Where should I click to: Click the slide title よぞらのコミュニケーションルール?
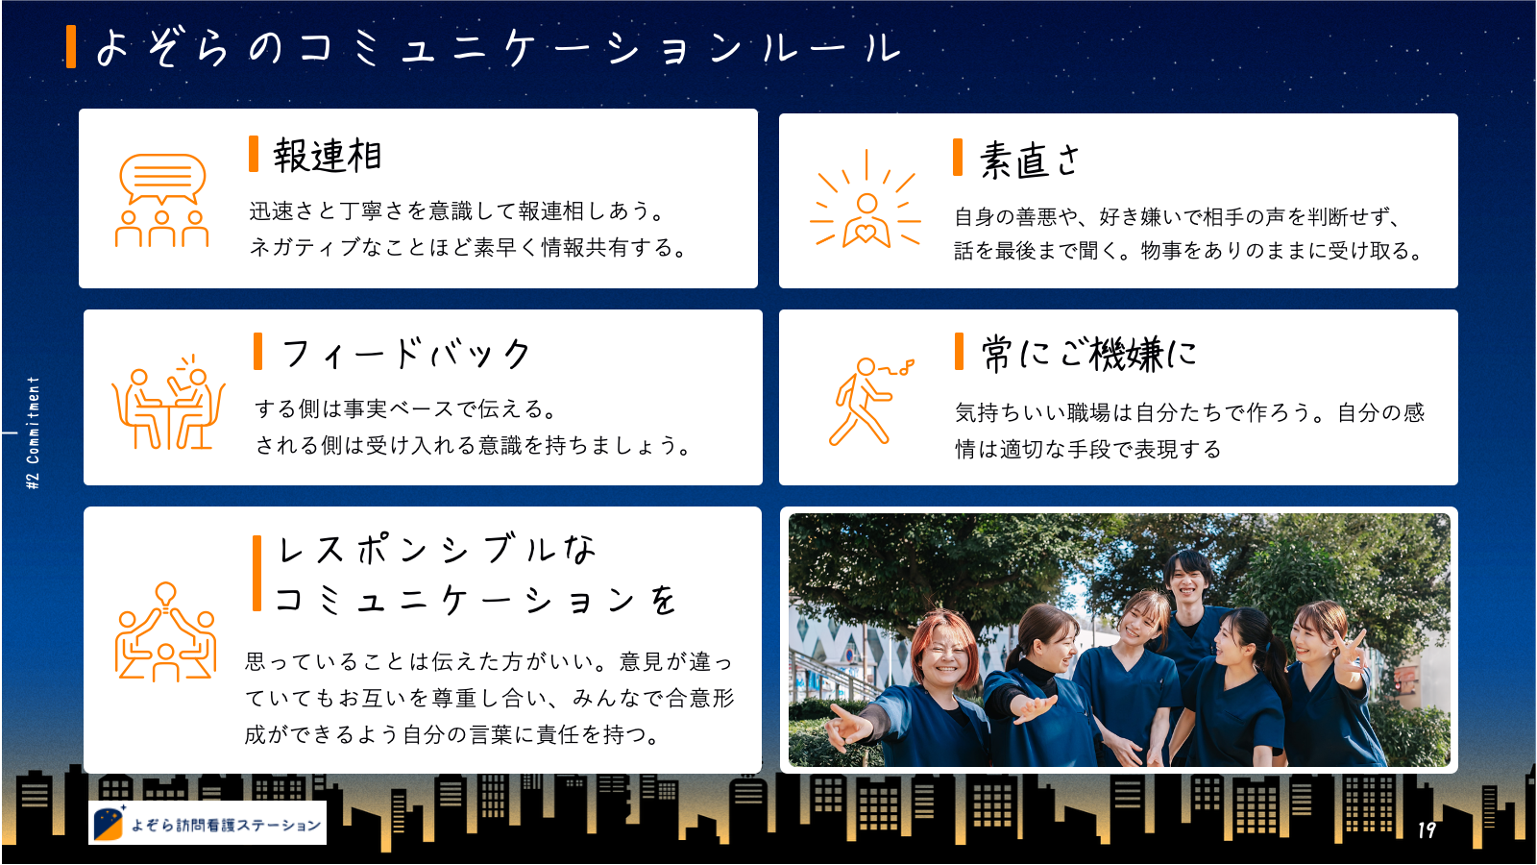click(499, 48)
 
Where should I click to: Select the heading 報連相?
click(328, 155)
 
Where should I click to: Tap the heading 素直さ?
click(1029, 160)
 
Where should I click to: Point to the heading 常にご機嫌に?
click(1089, 355)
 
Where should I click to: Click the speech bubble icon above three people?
click(162, 178)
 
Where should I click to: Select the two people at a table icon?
click(168, 403)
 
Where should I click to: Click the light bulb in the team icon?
click(165, 595)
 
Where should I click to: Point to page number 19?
click(1427, 830)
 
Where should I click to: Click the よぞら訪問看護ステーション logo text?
click(226, 825)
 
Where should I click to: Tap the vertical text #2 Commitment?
click(33, 432)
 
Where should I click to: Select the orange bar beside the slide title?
click(71, 47)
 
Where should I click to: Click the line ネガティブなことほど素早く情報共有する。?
click(468, 247)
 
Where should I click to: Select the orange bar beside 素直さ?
click(958, 158)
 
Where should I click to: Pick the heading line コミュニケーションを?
click(476, 600)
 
